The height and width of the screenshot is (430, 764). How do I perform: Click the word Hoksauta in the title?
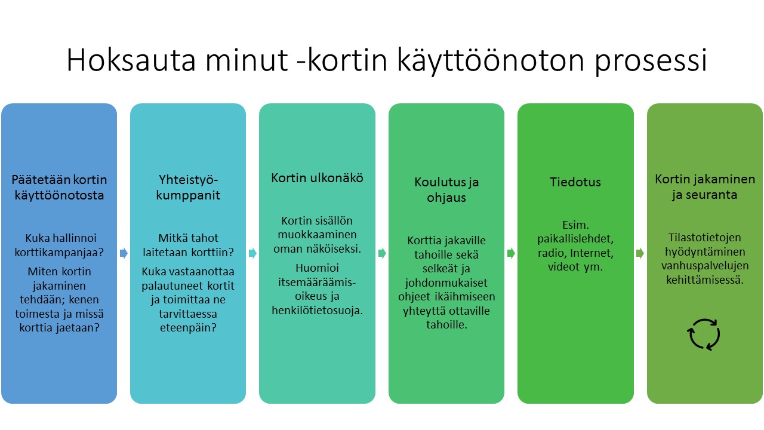click(131, 60)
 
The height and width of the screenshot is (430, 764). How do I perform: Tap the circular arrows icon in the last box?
click(704, 334)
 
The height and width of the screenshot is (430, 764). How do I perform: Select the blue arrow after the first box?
click(124, 253)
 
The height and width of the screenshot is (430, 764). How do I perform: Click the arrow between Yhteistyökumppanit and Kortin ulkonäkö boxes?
click(252, 253)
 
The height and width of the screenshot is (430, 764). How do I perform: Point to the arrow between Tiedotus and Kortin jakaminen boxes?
click(640, 253)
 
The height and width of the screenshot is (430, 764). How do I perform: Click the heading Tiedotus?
click(575, 182)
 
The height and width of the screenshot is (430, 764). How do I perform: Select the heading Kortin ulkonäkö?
click(317, 178)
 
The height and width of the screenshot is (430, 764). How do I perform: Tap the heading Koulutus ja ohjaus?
click(446, 190)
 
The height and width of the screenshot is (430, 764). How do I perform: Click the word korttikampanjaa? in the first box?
click(59, 252)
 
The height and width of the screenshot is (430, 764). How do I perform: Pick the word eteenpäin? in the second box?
click(188, 328)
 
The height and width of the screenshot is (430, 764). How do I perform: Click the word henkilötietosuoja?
click(317, 310)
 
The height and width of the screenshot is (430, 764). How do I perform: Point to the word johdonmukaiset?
click(446, 282)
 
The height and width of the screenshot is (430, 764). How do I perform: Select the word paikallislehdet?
click(575, 238)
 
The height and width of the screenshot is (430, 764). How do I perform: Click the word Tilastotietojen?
click(705, 237)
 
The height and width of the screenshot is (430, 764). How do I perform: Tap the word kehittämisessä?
click(705, 280)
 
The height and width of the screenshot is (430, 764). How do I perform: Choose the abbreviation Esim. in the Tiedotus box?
click(575, 225)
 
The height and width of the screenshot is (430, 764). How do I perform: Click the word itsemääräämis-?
click(317, 282)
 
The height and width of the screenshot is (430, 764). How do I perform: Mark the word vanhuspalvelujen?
click(705, 266)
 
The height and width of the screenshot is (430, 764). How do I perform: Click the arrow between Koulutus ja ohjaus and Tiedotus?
click(511, 253)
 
